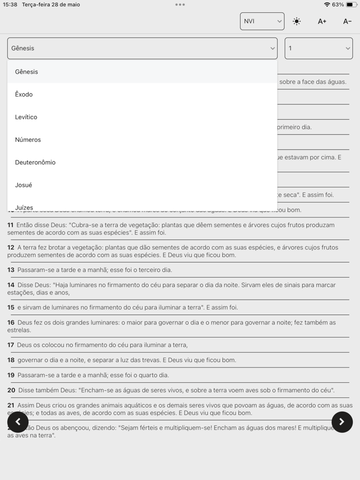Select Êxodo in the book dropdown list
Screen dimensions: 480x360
24,95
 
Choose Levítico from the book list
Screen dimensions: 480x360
26,117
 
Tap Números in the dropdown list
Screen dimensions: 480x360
28,140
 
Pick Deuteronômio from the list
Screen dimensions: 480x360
35,162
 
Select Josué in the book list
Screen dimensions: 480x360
24,185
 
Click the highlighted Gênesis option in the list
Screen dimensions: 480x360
27,72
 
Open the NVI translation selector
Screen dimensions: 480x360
262,21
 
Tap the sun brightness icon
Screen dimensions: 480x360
297,22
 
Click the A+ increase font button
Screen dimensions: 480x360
322,22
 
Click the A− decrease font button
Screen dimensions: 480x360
347,22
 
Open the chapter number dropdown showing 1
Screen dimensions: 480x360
318,48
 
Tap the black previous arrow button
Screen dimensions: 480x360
18,422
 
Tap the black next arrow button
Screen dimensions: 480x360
342,422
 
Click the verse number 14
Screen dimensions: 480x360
11,285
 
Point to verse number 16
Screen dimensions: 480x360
11,322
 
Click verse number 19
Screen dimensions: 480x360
11,375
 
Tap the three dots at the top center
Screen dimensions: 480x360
180,5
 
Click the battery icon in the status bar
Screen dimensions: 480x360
351,5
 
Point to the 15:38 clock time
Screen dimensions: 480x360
10,5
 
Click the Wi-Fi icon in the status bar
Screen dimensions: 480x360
327,5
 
